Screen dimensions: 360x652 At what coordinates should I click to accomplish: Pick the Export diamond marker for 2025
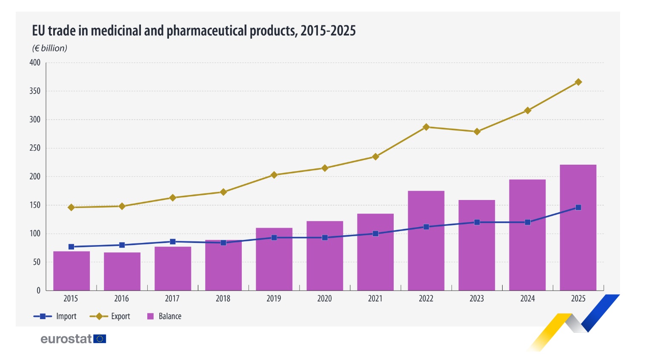(x=578, y=82)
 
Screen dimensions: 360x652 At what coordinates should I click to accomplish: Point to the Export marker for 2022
(x=426, y=127)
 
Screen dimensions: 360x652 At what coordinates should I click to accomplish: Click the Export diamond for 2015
(x=71, y=207)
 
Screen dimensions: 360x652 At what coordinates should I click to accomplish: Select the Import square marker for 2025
(x=578, y=208)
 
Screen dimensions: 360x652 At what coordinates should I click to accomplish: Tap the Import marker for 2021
(x=375, y=234)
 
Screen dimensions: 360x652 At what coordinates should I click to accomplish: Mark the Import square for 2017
(x=173, y=242)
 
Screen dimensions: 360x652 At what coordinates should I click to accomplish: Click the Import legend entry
(x=55, y=316)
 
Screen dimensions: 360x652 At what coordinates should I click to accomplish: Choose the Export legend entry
(x=110, y=316)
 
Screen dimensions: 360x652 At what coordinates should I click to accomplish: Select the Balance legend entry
(x=164, y=316)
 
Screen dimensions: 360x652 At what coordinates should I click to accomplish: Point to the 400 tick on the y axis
(x=35, y=63)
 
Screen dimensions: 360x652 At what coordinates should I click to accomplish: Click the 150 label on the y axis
(x=35, y=205)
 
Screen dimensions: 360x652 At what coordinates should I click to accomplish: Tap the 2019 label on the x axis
(x=274, y=299)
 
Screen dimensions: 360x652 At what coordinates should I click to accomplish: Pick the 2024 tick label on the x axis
(x=527, y=299)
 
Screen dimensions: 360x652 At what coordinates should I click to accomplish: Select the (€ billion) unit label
(x=50, y=48)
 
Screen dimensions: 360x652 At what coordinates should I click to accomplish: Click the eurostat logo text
(x=66, y=339)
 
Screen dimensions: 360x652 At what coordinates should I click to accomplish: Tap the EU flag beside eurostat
(x=100, y=339)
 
